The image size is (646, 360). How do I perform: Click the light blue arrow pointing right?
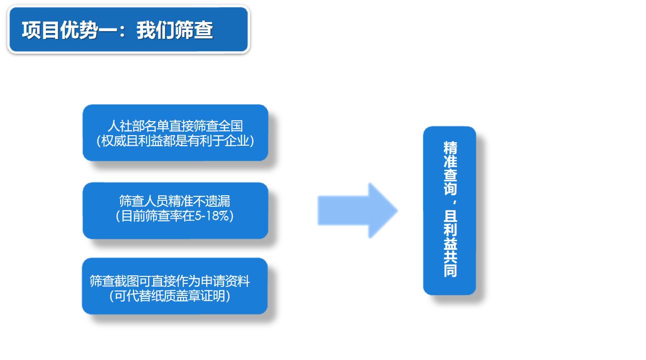coord(358,211)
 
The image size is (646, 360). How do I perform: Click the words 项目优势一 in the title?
coord(69,30)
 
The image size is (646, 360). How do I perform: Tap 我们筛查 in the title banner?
coord(175,30)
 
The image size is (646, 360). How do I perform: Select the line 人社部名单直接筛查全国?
coord(175,126)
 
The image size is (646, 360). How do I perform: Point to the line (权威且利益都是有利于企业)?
coord(175,141)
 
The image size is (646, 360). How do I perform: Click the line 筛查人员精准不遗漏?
coord(175,201)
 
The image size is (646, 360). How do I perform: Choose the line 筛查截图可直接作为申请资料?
coord(170,281)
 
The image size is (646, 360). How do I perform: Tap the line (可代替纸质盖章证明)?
coord(170,296)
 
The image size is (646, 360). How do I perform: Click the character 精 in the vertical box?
coord(450,147)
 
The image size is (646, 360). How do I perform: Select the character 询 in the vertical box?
coord(450,189)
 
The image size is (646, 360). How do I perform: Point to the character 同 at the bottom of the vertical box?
coord(450,270)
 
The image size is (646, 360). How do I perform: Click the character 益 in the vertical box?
coord(450,243)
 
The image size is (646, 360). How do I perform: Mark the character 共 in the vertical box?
coord(450,257)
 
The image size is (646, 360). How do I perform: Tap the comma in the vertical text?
coord(455,202)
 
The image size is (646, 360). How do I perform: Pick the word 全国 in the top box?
coord(230,126)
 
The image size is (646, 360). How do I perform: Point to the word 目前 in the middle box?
coord(133,216)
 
